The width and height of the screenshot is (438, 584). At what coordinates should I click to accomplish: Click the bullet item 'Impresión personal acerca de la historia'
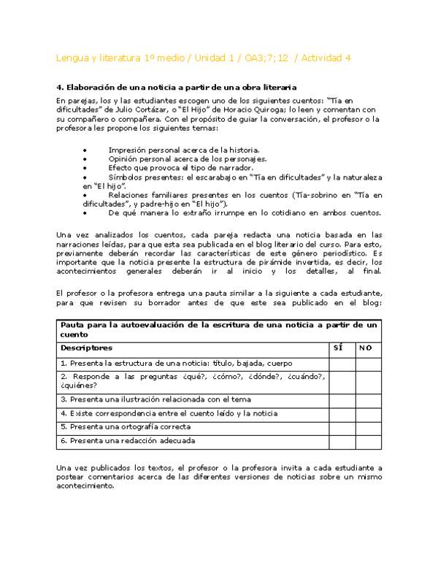pyautogui.click(x=182, y=148)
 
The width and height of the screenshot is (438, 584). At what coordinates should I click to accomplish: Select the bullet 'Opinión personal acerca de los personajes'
pyautogui.click(x=187, y=158)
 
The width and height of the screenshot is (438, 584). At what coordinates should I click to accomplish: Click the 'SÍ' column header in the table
pyautogui.click(x=337, y=347)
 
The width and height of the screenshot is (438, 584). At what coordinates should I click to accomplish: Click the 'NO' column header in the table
pyautogui.click(x=366, y=347)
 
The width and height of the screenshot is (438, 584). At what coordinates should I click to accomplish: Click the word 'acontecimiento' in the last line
pyautogui.click(x=86, y=485)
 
